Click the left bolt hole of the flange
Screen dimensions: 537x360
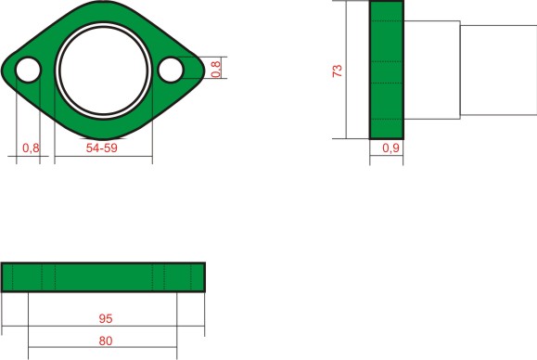28,70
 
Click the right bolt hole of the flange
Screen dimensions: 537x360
171,70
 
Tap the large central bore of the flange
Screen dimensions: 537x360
104,71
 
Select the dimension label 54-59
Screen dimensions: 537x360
102,148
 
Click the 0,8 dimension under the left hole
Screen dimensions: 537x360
31,148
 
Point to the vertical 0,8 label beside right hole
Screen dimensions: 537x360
216,70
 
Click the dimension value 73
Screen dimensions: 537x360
338,71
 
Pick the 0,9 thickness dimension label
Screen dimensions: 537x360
390,148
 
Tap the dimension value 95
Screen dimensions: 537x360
106,318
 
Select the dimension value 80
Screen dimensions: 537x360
106,341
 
